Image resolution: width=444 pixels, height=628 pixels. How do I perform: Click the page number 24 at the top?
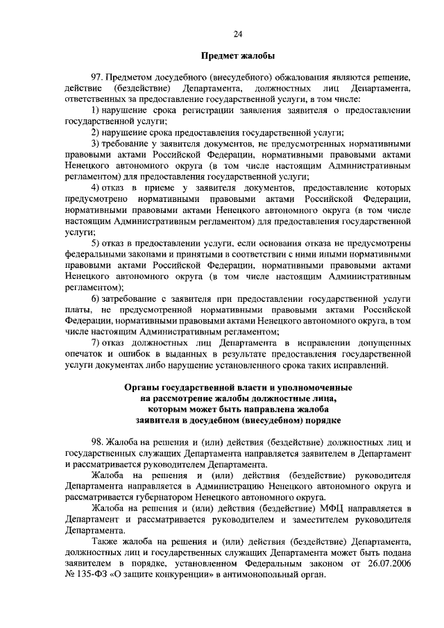[x=237, y=33]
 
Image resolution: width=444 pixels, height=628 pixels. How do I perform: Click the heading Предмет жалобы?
[x=237, y=56]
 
